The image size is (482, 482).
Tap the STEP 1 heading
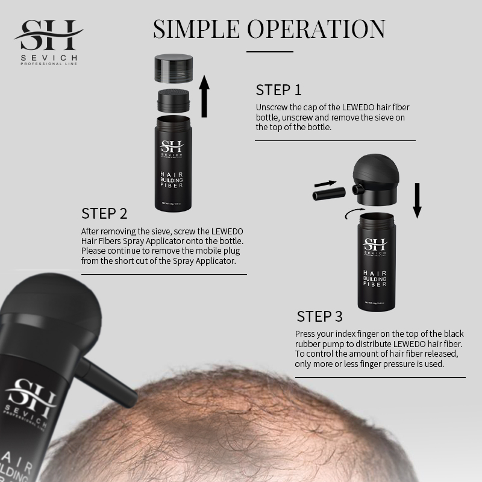click(x=278, y=90)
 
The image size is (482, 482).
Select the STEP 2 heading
click(x=104, y=214)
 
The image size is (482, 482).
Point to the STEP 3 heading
click(x=320, y=316)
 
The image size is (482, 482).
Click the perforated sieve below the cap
click(x=174, y=99)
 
